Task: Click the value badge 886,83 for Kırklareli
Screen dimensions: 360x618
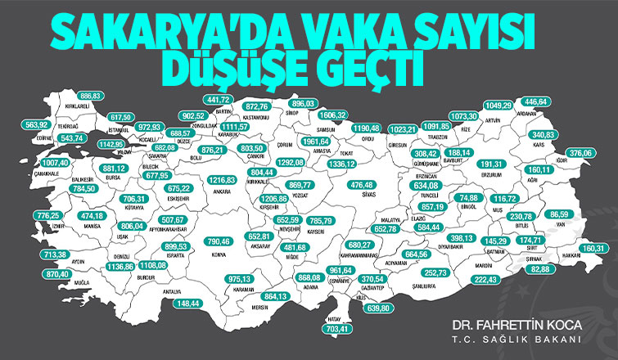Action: [90, 96]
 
